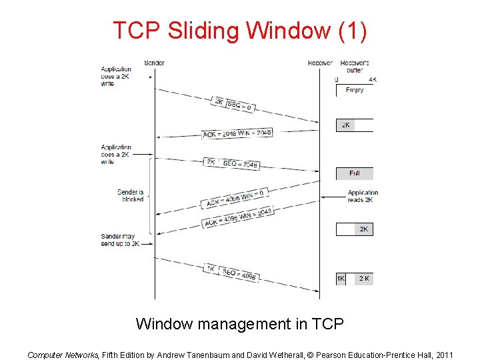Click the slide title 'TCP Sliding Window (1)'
239,31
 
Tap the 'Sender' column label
154,63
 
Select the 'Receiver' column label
320,63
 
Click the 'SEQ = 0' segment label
241,105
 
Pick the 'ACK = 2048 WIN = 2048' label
237,133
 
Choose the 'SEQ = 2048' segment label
241,163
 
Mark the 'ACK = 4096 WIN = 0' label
236,197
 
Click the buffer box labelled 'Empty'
355,90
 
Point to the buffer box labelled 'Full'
355,173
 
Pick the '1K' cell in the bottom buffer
341,279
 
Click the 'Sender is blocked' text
131,195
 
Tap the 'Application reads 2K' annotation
363,197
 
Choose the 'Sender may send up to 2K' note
120,240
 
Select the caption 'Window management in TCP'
239,325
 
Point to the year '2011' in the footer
443,355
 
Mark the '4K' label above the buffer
372,79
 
